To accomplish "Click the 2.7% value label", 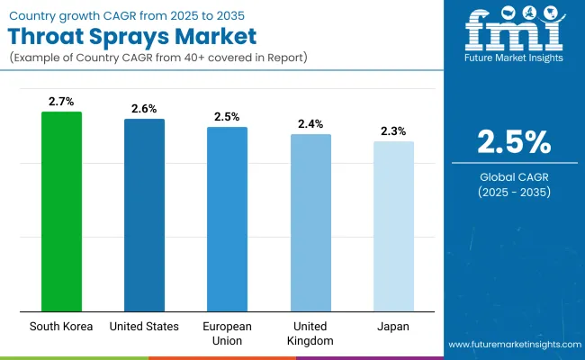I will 61,101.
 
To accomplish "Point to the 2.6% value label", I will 144,108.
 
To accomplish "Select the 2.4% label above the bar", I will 310,123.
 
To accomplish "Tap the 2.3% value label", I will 393,130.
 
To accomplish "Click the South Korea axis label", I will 61,326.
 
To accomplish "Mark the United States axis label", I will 144,326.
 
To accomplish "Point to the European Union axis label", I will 227,332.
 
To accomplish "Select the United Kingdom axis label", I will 310,332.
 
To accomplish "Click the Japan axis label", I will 393,326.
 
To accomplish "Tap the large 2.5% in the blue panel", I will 512,142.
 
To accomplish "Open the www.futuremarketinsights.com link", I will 513,345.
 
